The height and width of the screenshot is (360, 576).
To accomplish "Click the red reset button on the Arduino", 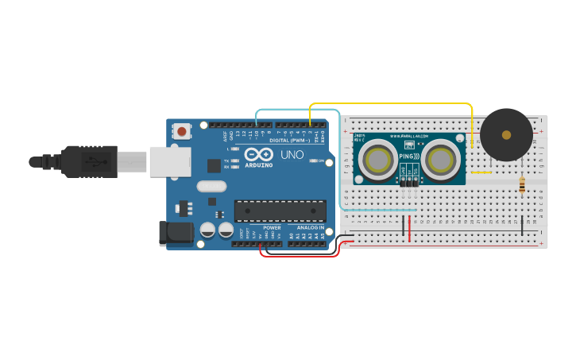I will point(182,131).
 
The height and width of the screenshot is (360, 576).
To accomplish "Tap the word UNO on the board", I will point(292,154).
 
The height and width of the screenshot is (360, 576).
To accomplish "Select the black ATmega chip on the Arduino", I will point(280,210).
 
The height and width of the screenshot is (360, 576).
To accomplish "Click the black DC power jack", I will point(176,232).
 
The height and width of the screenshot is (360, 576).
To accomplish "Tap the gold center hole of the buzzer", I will point(506,135).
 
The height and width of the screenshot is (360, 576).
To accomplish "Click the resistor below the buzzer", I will point(522,185).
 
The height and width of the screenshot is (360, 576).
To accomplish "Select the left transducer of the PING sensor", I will point(377,161).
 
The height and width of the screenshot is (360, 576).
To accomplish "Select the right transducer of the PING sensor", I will point(439,161).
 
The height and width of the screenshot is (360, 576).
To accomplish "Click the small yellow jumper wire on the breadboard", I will point(481,172).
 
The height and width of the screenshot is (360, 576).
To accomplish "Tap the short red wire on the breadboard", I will point(410,228).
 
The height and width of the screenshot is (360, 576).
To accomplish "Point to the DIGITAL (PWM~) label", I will point(290,140).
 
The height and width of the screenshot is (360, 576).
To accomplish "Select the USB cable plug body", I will point(90,161).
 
